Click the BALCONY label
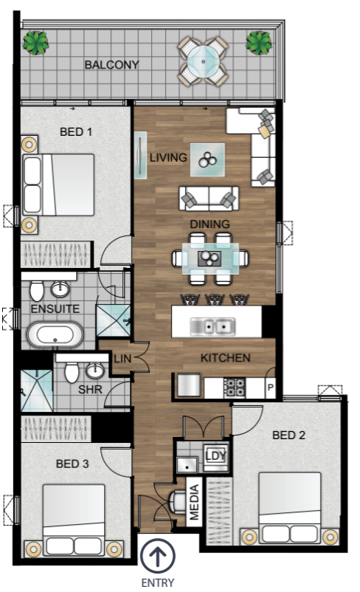point(111,64)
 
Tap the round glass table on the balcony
point(203,61)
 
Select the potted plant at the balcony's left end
point(35,42)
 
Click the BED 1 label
point(76,132)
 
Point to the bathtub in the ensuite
point(55,334)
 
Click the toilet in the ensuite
point(37,291)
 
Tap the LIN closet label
point(122,358)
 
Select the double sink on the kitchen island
point(212,326)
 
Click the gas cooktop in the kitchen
point(235,388)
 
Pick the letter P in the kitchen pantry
point(270,388)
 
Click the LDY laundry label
point(216,455)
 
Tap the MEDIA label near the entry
point(194,502)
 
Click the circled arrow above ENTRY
point(158,556)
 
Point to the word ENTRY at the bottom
point(158,582)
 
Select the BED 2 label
point(288,435)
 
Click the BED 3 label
point(72,464)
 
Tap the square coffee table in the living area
point(207,159)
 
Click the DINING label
point(210,224)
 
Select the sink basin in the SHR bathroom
point(94,371)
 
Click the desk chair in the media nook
point(176,502)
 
